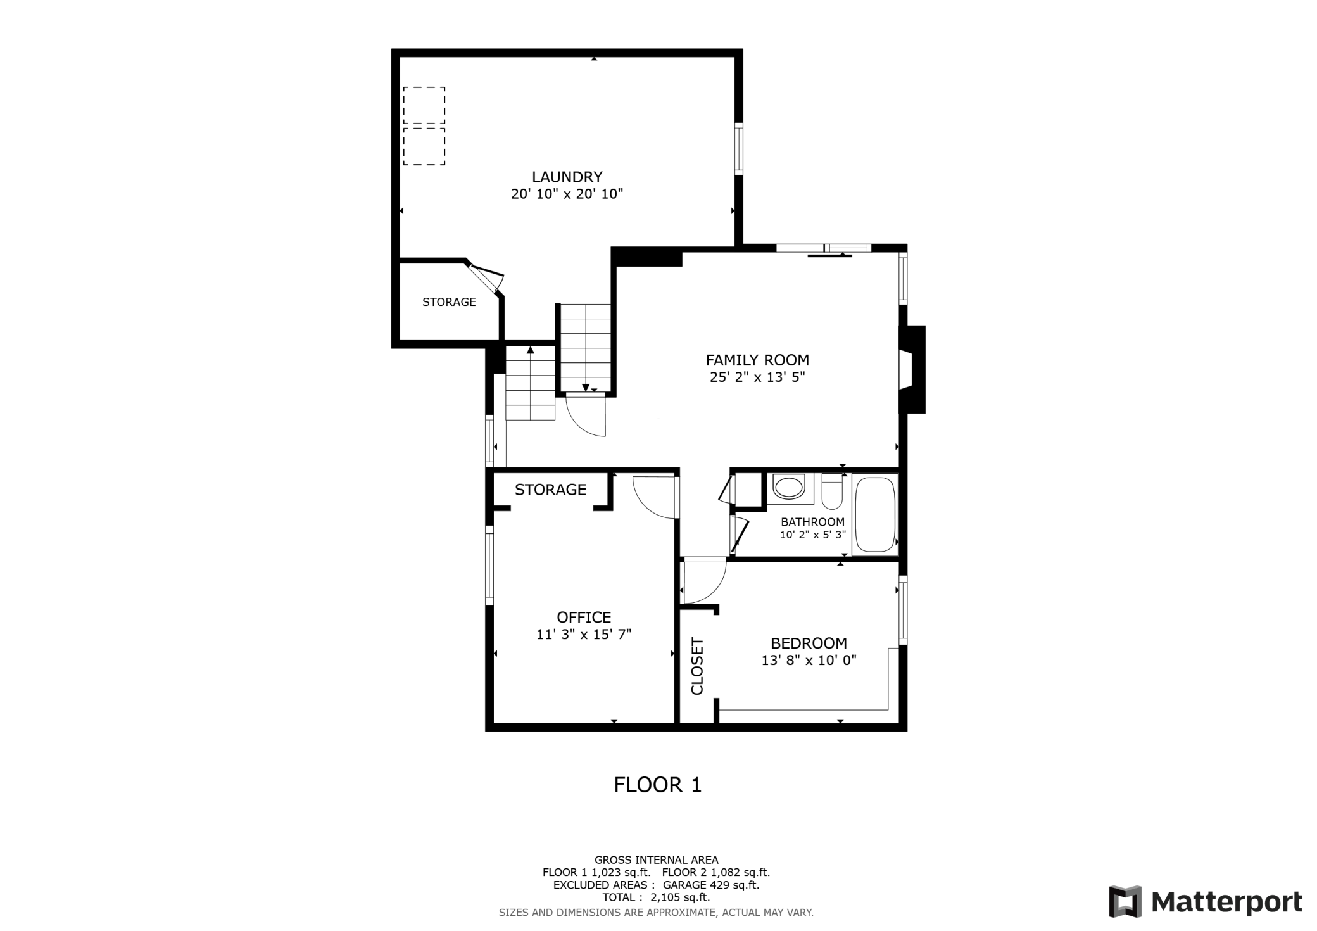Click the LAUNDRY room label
567,177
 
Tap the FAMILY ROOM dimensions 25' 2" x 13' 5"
757,377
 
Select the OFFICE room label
584,617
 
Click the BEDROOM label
809,643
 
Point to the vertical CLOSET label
697,666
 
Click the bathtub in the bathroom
875,514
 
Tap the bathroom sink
788,488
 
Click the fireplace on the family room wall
911,369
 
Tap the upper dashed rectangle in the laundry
424,105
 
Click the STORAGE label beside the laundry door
449,302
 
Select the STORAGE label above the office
550,490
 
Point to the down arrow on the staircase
586,388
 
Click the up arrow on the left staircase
531,350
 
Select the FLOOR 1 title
657,785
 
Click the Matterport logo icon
1125,901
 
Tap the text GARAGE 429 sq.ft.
710,885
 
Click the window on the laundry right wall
738,148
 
